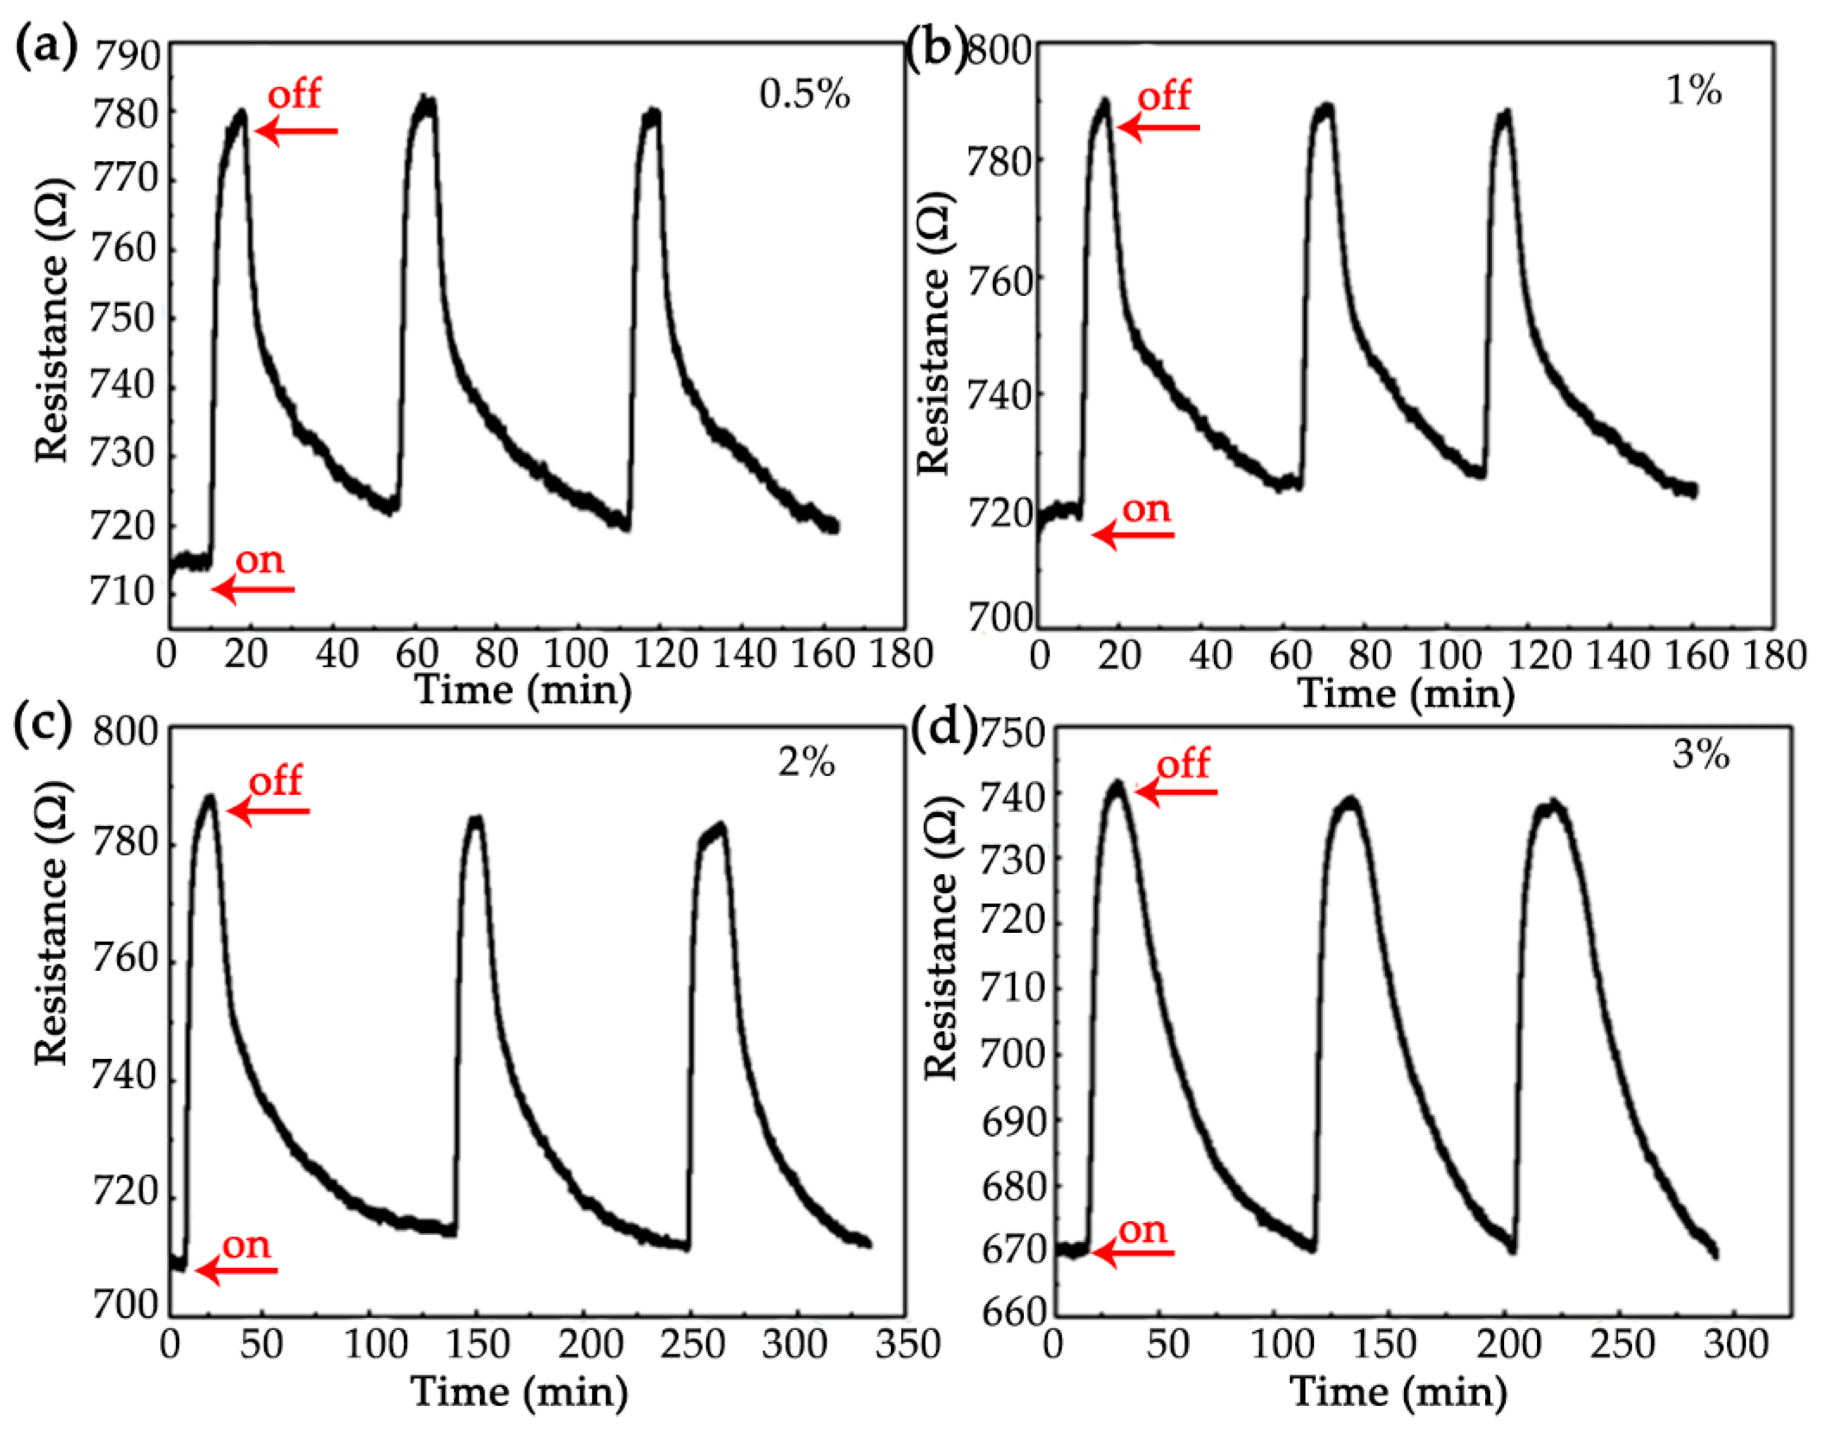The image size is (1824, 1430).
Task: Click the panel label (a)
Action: [46, 49]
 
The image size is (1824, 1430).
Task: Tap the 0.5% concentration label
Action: [804, 94]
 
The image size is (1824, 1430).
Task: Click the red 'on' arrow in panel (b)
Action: [1133, 534]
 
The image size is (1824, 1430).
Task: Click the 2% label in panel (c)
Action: [806, 762]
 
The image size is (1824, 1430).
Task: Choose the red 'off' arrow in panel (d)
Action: [1176, 791]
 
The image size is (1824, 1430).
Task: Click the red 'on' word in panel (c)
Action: [246, 1245]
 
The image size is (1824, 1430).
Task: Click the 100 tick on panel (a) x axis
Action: [575, 654]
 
